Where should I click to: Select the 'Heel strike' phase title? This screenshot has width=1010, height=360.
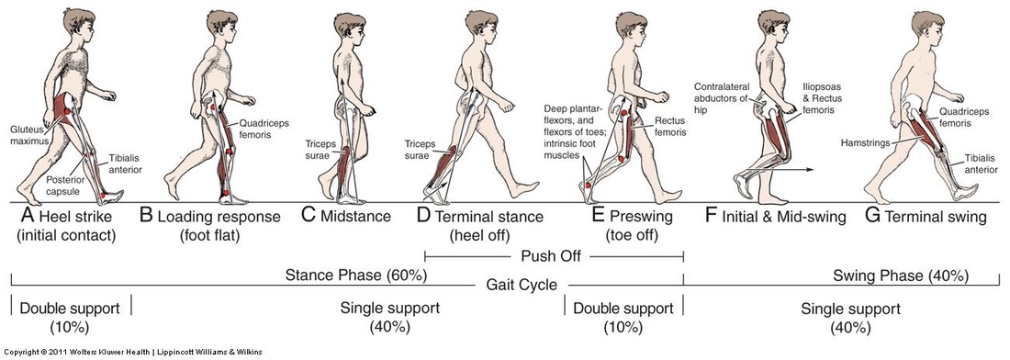pyautogui.click(x=71, y=217)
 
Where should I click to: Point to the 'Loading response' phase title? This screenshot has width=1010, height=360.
pyautogui.click(x=219, y=217)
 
